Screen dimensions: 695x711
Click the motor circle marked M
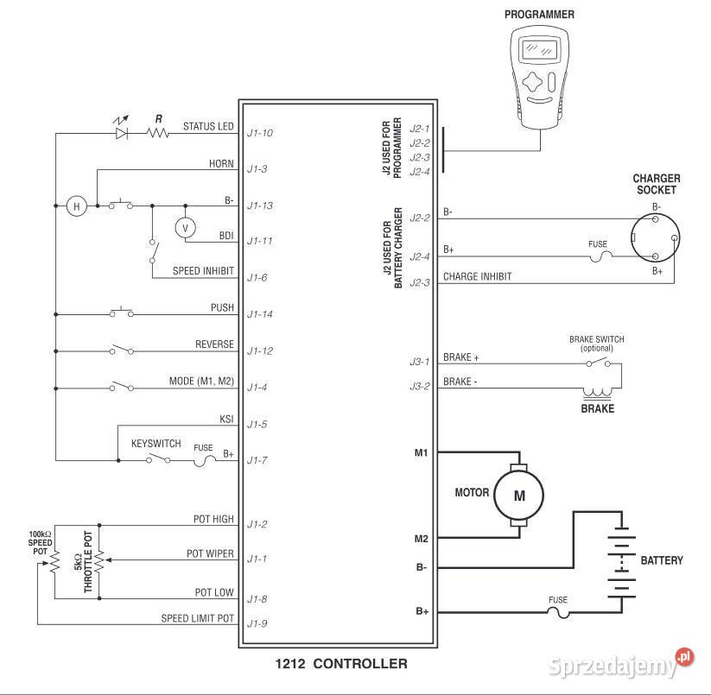coord(519,495)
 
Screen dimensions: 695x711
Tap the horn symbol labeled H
coord(77,205)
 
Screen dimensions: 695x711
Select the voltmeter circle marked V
coord(183,227)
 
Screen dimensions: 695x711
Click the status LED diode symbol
coord(122,133)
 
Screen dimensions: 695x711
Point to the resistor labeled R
coord(158,133)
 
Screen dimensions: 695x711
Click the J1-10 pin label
coord(259,133)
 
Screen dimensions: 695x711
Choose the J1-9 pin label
coord(257,623)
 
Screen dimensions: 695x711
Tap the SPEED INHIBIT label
coord(203,271)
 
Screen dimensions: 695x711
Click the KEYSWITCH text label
coord(156,444)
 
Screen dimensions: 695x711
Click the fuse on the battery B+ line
coord(558,612)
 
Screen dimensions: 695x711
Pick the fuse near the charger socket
coord(598,256)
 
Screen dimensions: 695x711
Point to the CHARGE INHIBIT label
coord(477,277)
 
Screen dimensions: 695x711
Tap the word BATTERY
coord(662,560)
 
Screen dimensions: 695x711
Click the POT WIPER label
coord(210,553)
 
